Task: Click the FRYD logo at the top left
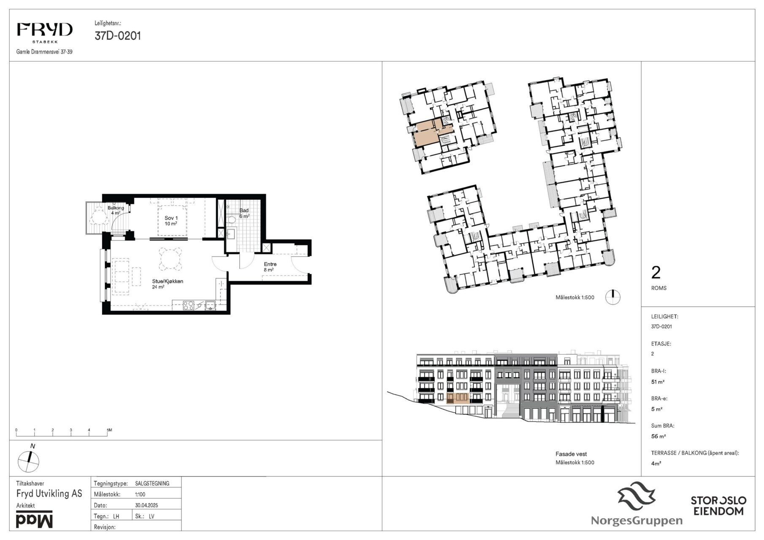pyautogui.click(x=44, y=32)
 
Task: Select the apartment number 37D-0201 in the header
pyautogui.click(x=118, y=36)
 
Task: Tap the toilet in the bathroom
pyautogui.click(x=230, y=220)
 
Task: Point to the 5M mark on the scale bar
pyautogui.click(x=109, y=430)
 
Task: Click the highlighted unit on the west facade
pyautogui.click(x=458, y=398)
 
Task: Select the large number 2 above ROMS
pyautogui.click(x=656, y=273)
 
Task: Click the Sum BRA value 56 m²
pyautogui.click(x=657, y=437)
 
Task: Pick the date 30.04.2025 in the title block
pyautogui.click(x=146, y=505)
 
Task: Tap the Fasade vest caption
pyautogui.click(x=571, y=454)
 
